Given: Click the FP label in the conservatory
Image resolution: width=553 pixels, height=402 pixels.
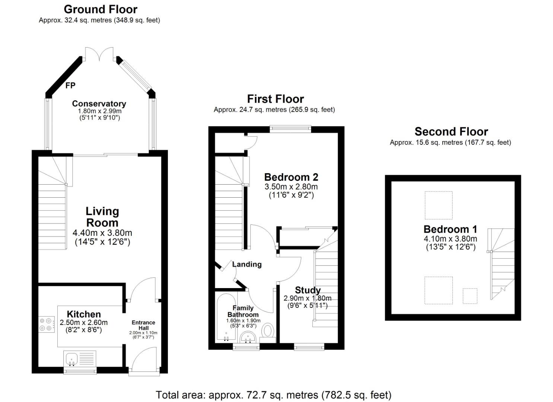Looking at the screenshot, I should point(70,86).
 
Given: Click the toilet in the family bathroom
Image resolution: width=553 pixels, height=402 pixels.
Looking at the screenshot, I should point(268,331).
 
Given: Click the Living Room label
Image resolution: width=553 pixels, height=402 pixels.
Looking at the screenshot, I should point(102,217).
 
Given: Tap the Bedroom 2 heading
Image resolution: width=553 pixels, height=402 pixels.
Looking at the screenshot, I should point(291,177).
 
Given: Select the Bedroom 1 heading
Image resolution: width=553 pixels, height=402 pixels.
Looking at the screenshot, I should point(450,229).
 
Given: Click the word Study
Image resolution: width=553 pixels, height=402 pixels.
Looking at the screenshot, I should point(308,290).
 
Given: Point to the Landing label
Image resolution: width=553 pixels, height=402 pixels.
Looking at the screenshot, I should point(247,264).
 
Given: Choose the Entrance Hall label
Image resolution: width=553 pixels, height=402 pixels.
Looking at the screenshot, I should point(143,325).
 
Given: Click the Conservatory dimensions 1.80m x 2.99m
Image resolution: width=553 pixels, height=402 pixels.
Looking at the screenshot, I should point(99,111).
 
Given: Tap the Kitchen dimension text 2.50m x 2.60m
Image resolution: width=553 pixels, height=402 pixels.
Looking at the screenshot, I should point(83,322).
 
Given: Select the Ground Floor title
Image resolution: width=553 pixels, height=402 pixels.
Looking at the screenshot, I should point(101,9).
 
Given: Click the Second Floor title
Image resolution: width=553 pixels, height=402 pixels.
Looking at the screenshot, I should point(451,131).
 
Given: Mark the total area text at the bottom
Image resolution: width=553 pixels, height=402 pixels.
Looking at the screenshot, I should point(273,395).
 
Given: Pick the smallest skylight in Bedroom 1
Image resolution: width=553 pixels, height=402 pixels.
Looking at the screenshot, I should point(470,296).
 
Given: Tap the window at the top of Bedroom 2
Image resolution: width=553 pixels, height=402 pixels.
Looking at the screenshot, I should point(290,129).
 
